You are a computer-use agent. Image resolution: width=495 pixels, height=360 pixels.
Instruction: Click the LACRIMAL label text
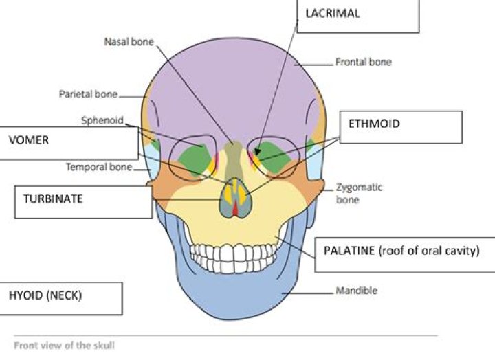tap(333, 13)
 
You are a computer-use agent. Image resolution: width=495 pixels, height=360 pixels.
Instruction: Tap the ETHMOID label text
tap(374, 124)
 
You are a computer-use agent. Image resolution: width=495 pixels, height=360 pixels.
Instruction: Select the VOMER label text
tap(29, 140)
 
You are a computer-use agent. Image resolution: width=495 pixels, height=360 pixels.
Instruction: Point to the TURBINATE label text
tap(53, 199)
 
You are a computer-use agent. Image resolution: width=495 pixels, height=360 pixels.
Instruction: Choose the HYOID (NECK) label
tap(45, 295)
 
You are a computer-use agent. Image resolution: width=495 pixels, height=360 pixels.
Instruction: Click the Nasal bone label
tap(129, 42)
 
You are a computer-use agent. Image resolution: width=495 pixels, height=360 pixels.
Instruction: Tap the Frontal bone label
tap(364, 62)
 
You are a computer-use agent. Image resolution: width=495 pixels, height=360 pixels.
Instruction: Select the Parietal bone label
tap(88, 94)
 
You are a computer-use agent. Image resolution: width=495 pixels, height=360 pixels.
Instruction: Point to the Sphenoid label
tap(102, 120)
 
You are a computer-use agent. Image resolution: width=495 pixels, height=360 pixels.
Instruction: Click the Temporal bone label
tap(99, 166)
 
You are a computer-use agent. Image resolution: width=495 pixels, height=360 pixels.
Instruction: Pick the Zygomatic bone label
tap(360, 193)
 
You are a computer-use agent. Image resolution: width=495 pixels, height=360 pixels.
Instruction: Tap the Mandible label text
tap(356, 291)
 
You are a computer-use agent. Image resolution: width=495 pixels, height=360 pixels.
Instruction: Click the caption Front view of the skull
tap(64, 345)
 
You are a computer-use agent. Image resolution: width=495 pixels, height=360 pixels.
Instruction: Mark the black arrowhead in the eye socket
tap(258, 151)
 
